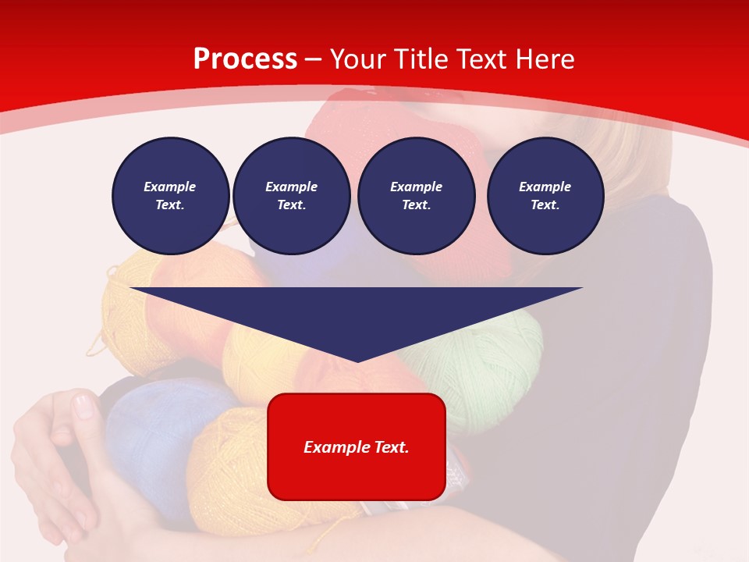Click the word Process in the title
click(245, 59)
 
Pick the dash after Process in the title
click(314, 59)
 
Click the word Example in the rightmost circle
click(545, 187)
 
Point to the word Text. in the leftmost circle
click(170, 205)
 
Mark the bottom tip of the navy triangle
click(357, 361)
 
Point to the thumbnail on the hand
click(83, 406)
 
